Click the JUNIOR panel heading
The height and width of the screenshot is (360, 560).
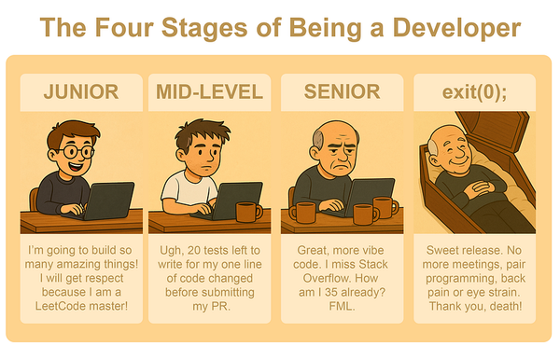tap(80, 92)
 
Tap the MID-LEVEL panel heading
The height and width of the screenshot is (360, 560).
tap(212, 92)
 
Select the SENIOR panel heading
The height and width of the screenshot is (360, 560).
tap(342, 92)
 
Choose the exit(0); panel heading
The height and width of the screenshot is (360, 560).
tap(475, 92)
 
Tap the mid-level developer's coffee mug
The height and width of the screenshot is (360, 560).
tap(247, 212)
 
